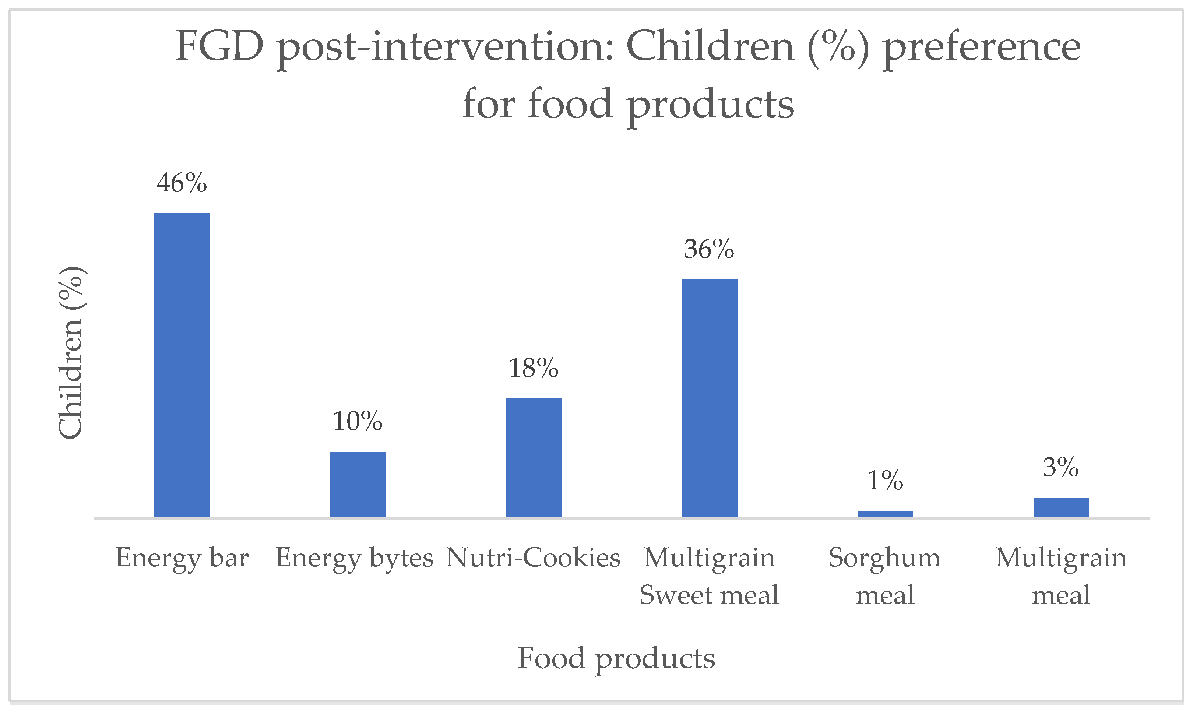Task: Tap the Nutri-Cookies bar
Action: point(534,458)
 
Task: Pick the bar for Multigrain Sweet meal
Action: point(710,398)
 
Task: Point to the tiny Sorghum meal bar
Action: point(885,514)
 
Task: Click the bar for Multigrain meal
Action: point(1061,507)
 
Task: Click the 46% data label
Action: point(182,183)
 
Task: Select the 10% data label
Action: point(358,422)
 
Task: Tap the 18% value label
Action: point(534,369)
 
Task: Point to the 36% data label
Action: point(710,250)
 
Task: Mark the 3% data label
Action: point(1061,468)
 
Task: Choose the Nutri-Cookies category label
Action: point(533,558)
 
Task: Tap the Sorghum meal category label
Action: point(885,576)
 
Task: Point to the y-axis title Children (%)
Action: point(71,353)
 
